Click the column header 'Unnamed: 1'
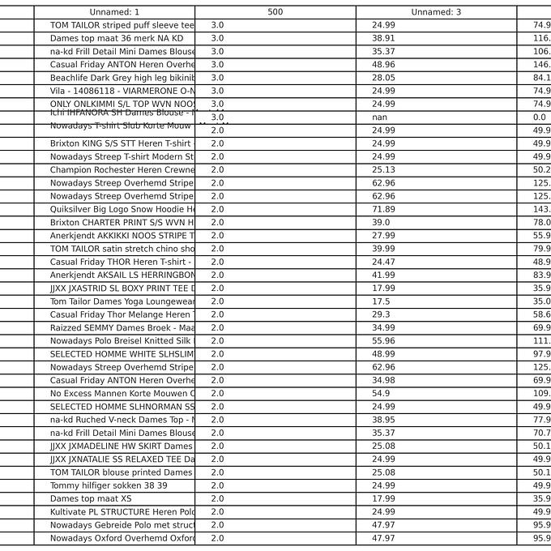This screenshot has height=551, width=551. (x=114, y=12)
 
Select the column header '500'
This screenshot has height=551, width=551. (x=275, y=12)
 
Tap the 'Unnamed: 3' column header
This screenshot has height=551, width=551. (x=436, y=12)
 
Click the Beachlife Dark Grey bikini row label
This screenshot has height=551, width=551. (x=122, y=78)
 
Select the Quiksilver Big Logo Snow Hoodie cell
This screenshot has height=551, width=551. (x=122, y=209)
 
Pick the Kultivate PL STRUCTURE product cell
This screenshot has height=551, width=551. (x=122, y=512)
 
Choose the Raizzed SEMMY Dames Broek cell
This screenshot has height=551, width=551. (x=122, y=327)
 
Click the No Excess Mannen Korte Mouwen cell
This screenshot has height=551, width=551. (x=122, y=394)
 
